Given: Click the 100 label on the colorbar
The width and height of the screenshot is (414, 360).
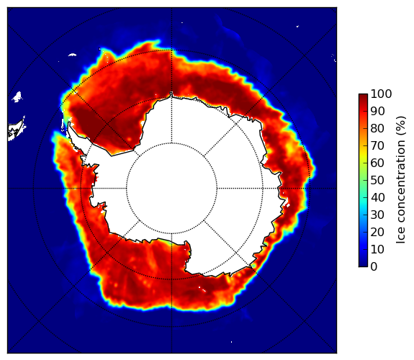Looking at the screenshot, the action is tap(381, 94).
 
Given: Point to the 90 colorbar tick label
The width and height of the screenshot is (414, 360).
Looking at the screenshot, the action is tap(377, 111).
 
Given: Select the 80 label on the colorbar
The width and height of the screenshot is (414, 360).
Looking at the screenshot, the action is tap(377, 129).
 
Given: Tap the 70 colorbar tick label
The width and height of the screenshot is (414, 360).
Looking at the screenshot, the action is tap(377, 145).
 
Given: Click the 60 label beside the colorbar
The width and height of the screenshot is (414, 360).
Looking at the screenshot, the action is tap(377, 163).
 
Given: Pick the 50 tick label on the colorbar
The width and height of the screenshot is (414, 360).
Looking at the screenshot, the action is tap(377, 181).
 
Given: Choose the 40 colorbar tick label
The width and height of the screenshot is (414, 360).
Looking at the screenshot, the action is tap(377, 197).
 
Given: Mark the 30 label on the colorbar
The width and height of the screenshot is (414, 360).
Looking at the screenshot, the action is tap(377, 215).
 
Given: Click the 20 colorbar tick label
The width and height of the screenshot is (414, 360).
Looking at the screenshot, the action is tap(377, 232).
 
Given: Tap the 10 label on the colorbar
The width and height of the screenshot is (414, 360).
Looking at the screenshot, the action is tap(377, 249).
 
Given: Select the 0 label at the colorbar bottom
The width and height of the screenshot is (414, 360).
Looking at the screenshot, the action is tap(374, 267).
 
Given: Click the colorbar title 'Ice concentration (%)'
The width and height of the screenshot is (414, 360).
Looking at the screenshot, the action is tap(401, 180).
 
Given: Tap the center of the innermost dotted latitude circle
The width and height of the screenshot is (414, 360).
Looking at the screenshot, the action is tap(171, 189).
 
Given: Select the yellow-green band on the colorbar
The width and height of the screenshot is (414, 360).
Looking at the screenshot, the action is tap(363, 161).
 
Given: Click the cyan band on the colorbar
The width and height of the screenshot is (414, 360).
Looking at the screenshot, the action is tap(363, 201).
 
